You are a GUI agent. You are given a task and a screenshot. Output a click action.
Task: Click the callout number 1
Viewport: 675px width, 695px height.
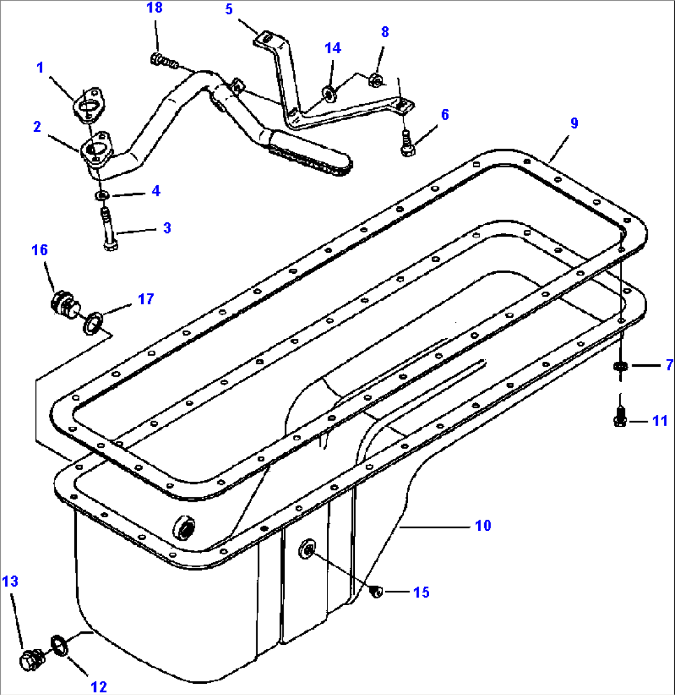click(40, 68)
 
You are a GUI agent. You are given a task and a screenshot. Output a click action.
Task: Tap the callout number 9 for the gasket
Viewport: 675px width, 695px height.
click(574, 123)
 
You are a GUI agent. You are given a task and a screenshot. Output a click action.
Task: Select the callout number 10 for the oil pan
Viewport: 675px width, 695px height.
click(482, 525)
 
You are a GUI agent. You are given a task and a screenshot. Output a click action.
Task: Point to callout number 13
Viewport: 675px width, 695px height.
click(10, 581)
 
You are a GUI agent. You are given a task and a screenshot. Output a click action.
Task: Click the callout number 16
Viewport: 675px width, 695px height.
click(40, 250)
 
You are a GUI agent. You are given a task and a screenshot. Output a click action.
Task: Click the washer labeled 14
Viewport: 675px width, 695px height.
click(329, 93)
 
